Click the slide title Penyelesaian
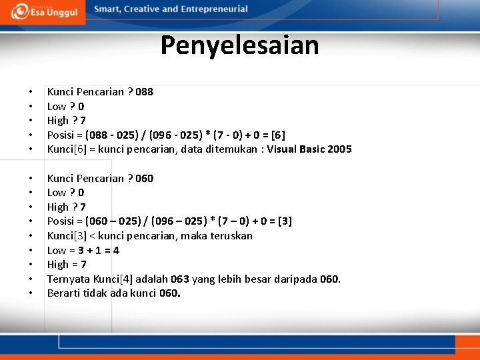pos(239,45)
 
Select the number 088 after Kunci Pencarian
pos(144,92)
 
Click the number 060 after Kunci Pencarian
pos(144,179)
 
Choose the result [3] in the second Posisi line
pos(283,221)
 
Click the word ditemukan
pos(235,149)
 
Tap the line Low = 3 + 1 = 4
pos(83,251)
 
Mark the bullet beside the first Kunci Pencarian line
pos(31,92)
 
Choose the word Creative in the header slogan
pos(143,9)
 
